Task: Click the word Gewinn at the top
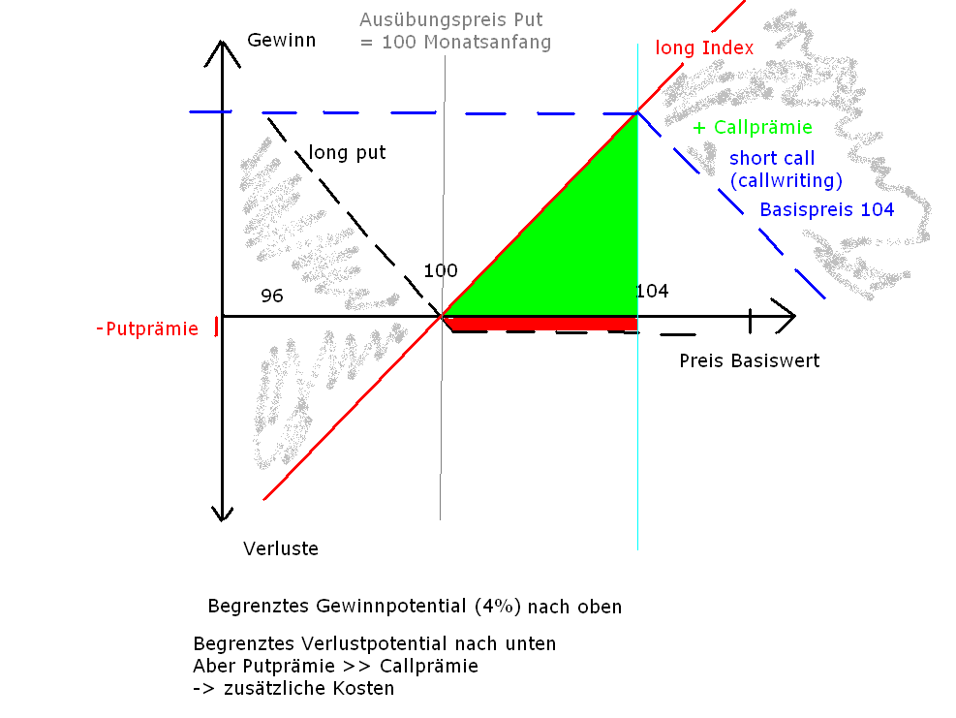pos(282,41)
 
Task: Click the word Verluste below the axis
pos(281,549)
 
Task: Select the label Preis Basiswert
pos(749,361)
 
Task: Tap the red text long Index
pos(704,47)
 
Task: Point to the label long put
pos(347,153)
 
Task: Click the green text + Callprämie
pos(753,128)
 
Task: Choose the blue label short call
pos(772,158)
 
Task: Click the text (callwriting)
pos(786,181)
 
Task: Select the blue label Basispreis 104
pos(826,209)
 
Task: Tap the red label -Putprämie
pos(147,329)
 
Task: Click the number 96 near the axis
pos(272,297)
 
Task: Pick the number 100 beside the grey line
pos(441,271)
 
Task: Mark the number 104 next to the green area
pos(652,292)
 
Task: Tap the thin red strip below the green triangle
pos(542,323)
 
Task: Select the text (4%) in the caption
pos(498,608)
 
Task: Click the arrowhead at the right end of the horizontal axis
pos(787,316)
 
